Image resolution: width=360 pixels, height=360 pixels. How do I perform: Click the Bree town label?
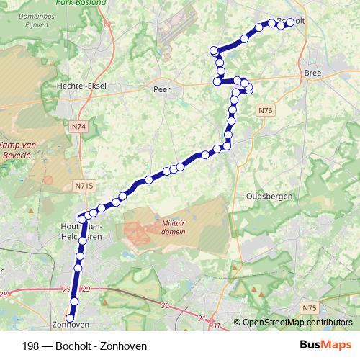pos(312,73)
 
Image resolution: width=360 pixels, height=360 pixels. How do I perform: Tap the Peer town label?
pos(161,90)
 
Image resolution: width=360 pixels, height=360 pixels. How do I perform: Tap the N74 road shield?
pos(79,126)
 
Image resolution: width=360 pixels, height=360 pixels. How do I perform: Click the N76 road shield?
pos(265,110)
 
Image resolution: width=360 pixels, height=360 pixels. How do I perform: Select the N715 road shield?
pos(84,186)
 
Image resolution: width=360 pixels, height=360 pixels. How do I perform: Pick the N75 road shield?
pos(310,308)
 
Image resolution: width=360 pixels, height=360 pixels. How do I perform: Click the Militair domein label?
pos(174,228)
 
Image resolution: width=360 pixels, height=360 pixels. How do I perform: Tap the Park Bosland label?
pos(86,3)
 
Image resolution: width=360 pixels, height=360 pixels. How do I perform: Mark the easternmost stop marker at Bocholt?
pos(290,23)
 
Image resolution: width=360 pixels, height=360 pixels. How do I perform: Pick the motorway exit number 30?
pos(165,306)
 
